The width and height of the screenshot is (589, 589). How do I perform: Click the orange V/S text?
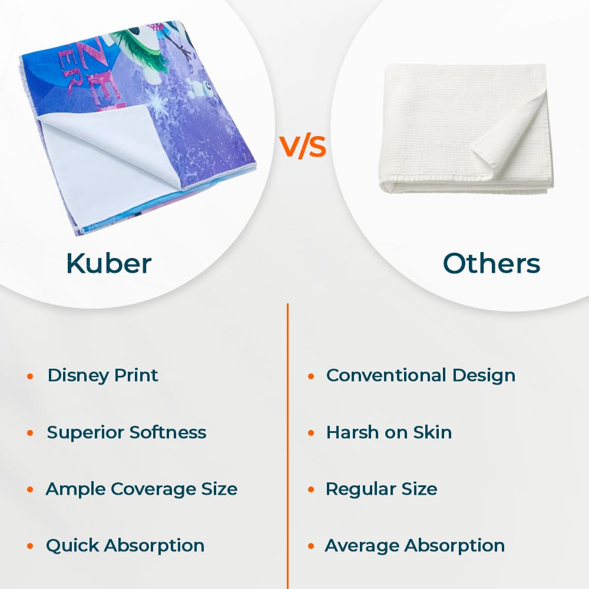pos(302,147)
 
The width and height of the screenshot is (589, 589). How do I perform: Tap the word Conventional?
pos(386,375)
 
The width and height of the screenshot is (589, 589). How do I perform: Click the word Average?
pos(362,546)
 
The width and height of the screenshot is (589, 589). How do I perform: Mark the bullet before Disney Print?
pos(31,376)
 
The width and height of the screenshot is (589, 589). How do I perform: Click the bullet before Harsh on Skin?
pos(311,433)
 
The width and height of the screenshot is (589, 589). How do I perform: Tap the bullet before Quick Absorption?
pos(31,546)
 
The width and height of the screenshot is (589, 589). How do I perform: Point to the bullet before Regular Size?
pos(311,490)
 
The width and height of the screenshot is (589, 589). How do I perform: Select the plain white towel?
pos(466,128)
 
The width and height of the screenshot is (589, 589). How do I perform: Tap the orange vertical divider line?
pos(288,446)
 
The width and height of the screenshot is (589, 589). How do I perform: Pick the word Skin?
pos(432,432)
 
